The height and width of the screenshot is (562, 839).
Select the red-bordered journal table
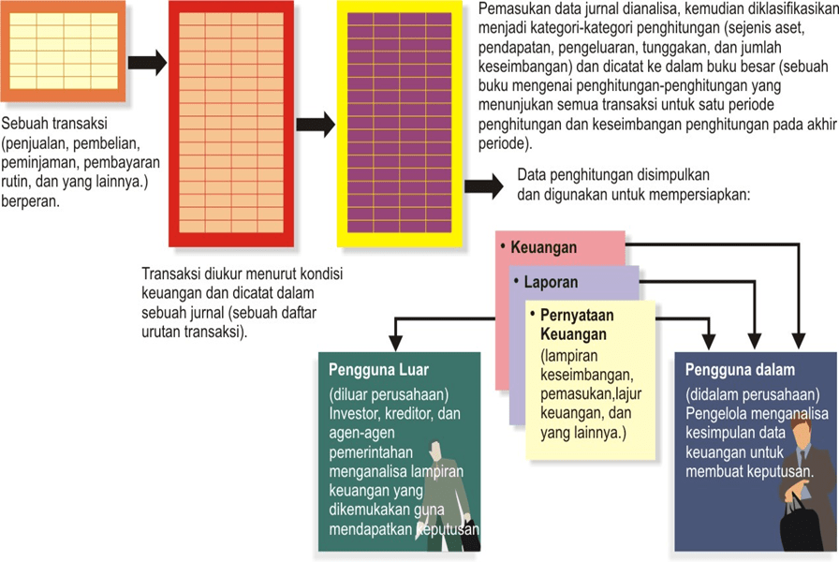point(231,122)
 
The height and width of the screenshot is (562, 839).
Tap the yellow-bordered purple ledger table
point(399,124)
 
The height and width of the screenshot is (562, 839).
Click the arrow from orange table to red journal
point(147,64)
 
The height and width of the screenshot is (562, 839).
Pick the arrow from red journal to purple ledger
point(316,123)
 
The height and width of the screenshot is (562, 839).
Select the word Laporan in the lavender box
point(552,281)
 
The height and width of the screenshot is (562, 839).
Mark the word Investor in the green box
point(355,413)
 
